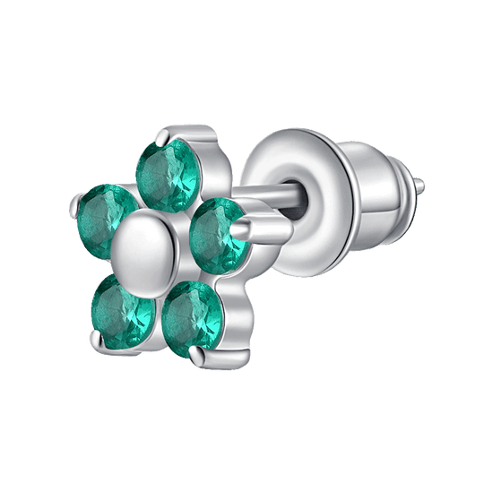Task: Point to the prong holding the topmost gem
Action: (159, 136)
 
